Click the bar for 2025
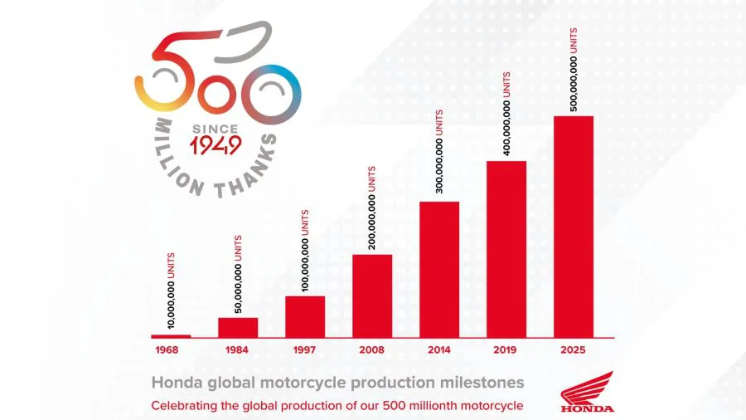(574, 226)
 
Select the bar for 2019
(506, 248)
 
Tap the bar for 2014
(439, 269)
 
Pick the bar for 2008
(372, 295)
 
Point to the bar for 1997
(305, 316)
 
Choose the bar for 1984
(238, 327)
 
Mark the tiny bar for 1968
(171, 336)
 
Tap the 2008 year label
(372, 350)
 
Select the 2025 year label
(574, 350)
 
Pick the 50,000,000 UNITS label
(238, 274)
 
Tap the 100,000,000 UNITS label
(305, 252)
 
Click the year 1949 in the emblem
(216, 147)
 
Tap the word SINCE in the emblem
(216, 129)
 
